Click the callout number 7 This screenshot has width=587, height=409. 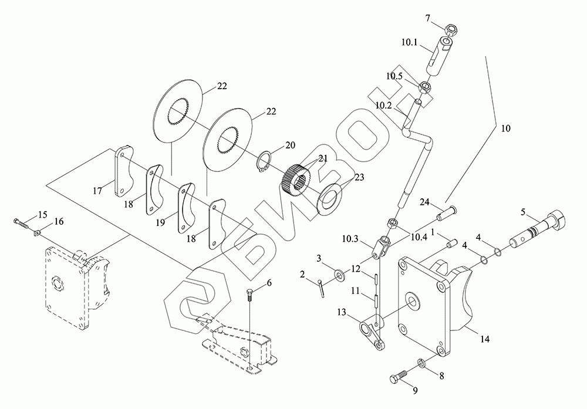click(x=429, y=18)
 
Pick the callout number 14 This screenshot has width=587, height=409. click(x=485, y=339)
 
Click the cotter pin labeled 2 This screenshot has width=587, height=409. click(x=321, y=288)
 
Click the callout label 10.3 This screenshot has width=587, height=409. click(x=350, y=238)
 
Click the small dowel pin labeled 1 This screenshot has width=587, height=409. click(x=450, y=244)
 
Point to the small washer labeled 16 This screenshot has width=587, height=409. click(x=36, y=234)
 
